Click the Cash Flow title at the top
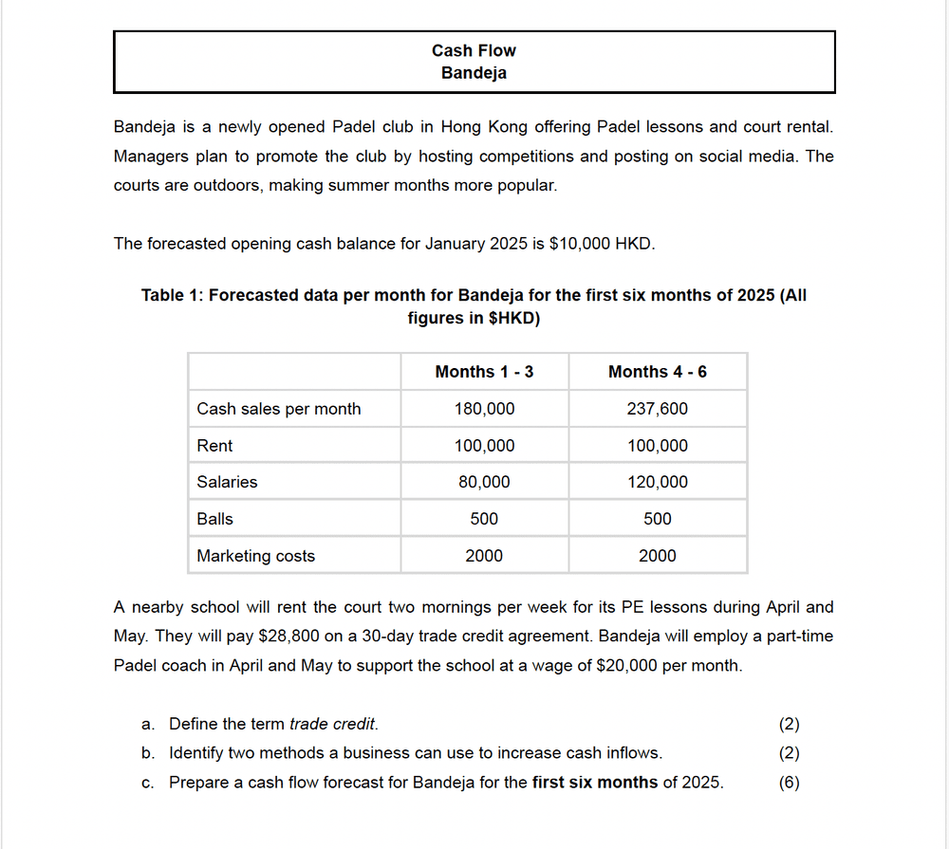pyautogui.click(x=474, y=50)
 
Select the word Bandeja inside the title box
pyautogui.click(x=474, y=73)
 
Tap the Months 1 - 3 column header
pyautogui.click(x=484, y=372)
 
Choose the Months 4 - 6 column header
pyautogui.click(x=657, y=372)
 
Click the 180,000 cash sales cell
pyautogui.click(x=484, y=409)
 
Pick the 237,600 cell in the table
pyautogui.click(x=657, y=409)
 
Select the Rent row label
pyautogui.click(x=214, y=446)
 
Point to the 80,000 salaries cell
pyautogui.click(x=484, y=482)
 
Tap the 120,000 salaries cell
pyautogui.click(x=657, y=482)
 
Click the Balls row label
pyautogui.click(x=214, y=519)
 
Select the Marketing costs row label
pyautogui.click(x=255, y=556)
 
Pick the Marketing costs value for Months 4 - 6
pyautogui.click(x=657, y=556)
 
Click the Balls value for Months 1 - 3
pyautogui.click(x=484, y=519)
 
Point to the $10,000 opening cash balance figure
pyautogui.click(x=580, y=244)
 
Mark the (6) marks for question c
pyautogui.click(x=789, y=783)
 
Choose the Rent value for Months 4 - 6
pyautogui.click(x=657, y=446)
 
